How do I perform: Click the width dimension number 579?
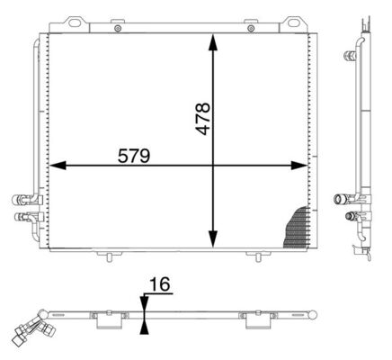click(x=134, y=155)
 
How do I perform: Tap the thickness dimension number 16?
click(x=159, y=286)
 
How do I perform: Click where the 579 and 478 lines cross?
click(x=213, y=166)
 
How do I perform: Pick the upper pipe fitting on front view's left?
click(x=20, y=200)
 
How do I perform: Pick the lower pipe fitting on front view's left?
click(x=20, y=216)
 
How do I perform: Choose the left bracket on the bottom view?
click(x=107, y=316)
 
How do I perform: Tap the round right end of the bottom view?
click(x=315, y=313)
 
